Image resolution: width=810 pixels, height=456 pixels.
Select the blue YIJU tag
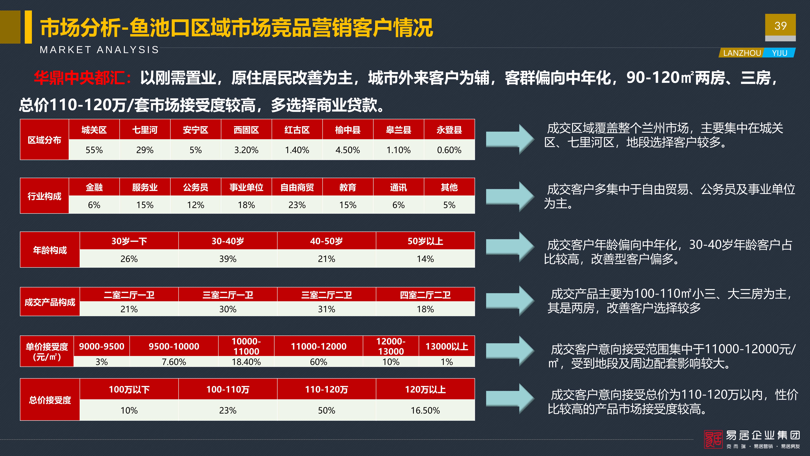pos(779,53)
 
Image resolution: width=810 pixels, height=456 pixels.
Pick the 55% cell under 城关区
pos(94,150)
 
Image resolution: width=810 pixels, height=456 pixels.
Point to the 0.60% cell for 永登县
pos(449,150)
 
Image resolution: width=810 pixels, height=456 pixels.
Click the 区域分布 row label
pos(44,140)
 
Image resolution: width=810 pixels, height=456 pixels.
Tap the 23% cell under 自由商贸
pos(297,205)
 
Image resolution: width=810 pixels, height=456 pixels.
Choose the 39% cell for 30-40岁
pos(228,259)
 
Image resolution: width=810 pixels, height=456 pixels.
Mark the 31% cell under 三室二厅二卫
pos(326,309)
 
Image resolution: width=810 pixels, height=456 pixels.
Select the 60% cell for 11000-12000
pos(319,362)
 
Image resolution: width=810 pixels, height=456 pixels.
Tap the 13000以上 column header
pos(447,346)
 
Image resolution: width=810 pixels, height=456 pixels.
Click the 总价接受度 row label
pos(50,400)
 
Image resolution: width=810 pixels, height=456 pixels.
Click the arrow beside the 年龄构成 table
pos(510,247)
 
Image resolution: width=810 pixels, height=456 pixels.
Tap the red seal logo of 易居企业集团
pos(713,439)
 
